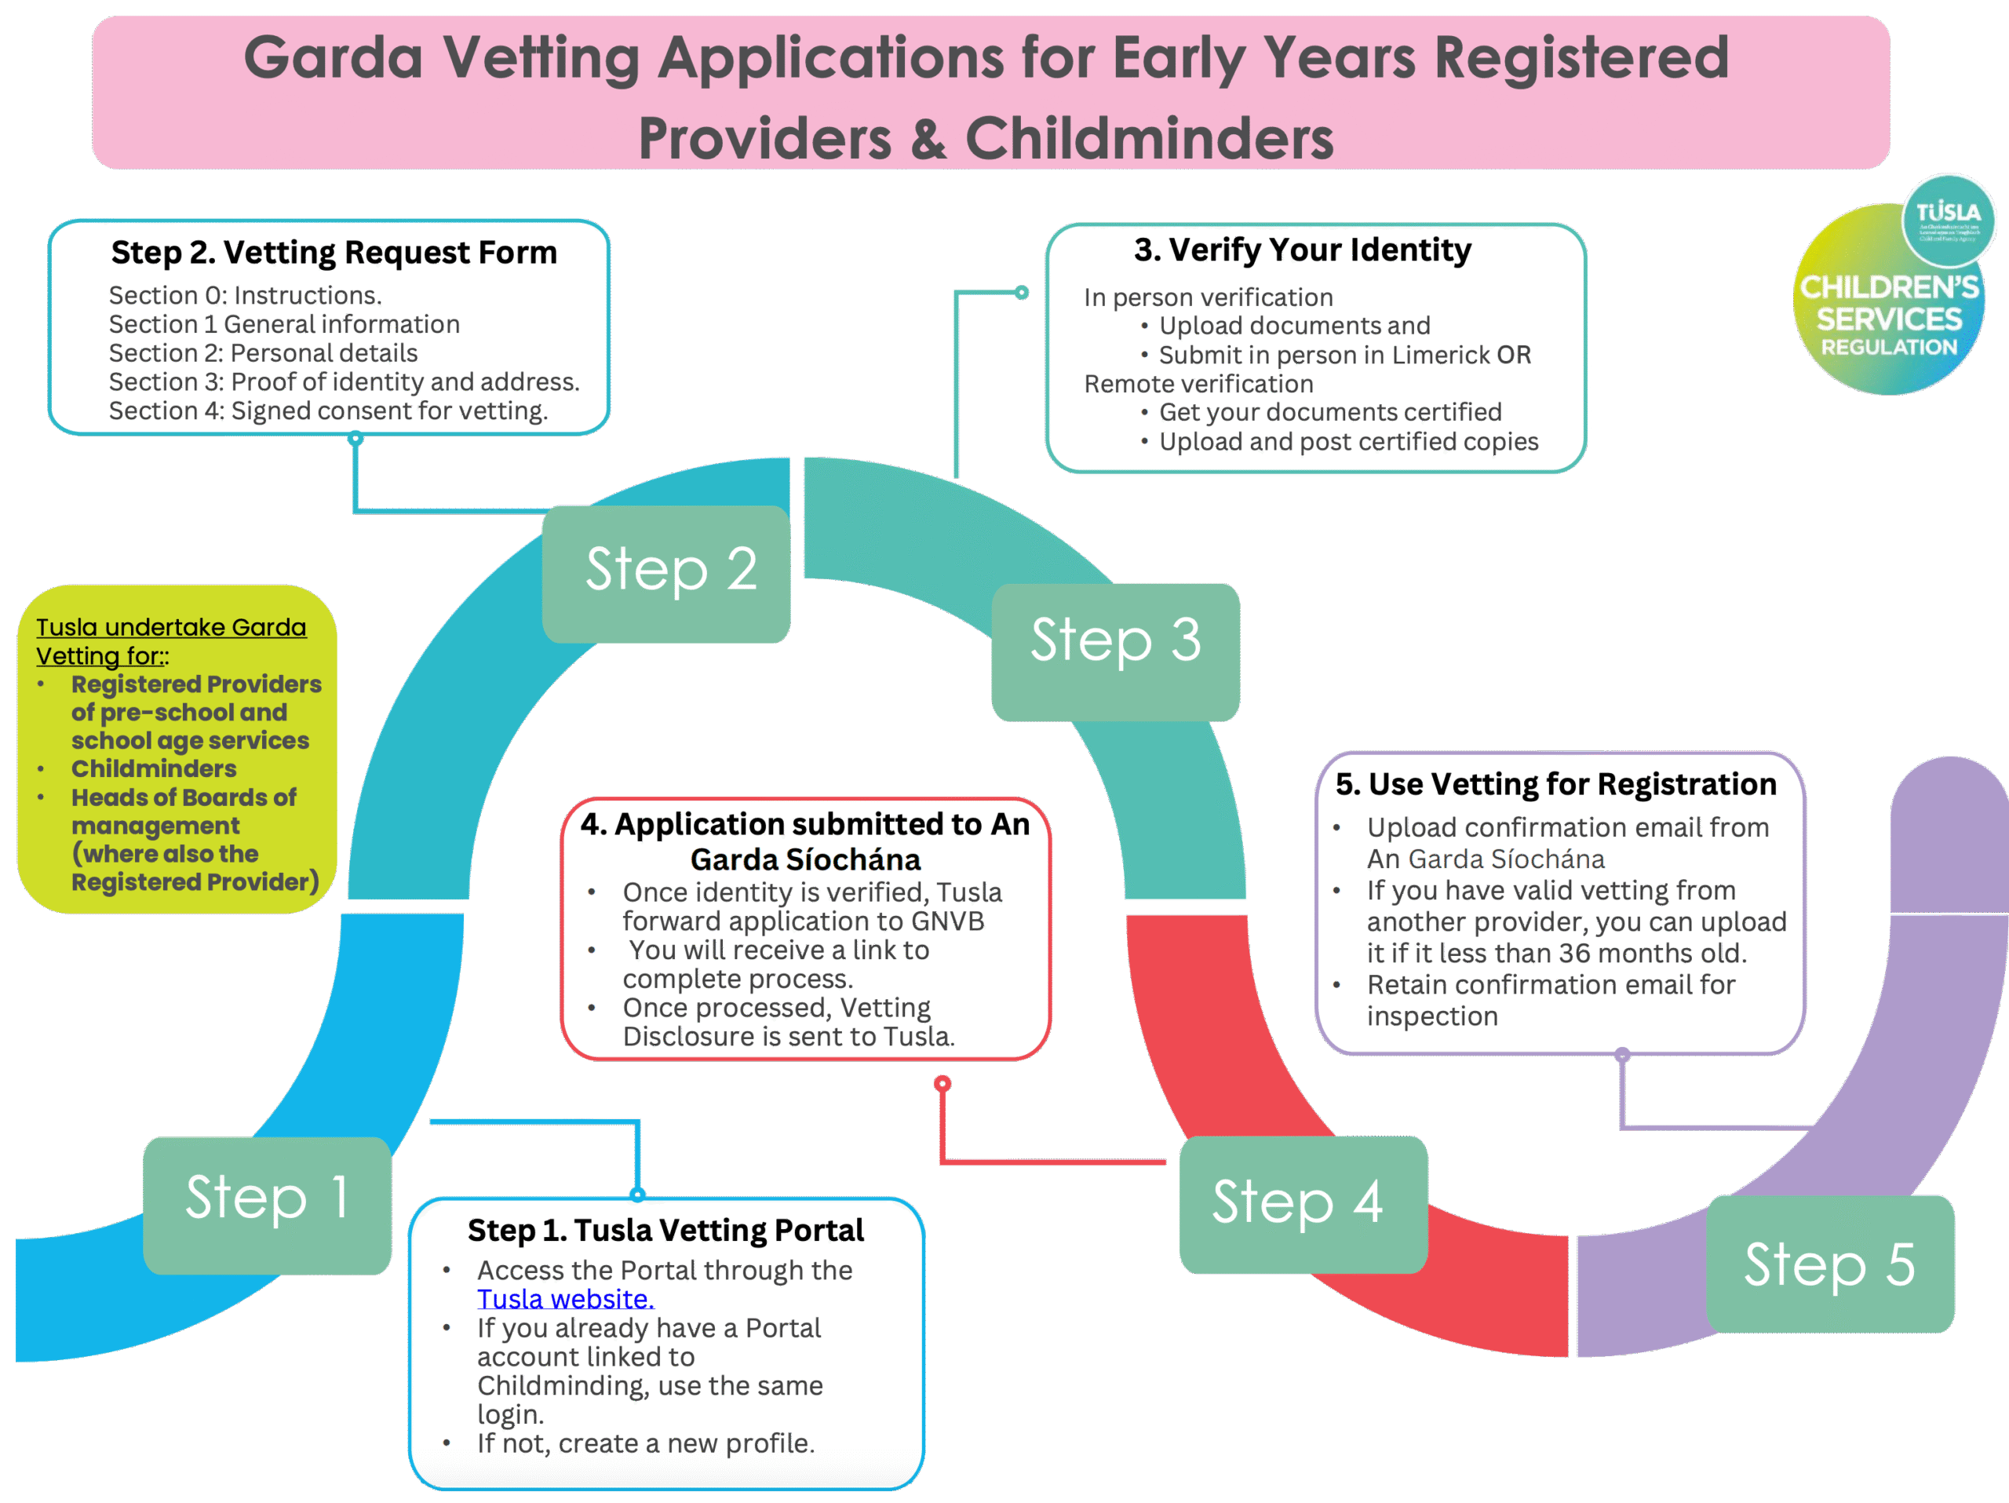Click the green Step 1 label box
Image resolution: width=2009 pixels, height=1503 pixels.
[267, 1204]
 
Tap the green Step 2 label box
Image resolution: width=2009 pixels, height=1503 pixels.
[665, 573]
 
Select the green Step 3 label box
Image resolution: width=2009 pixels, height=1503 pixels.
[1114, 651]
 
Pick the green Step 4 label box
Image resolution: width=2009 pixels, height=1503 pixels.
[1303, 1203]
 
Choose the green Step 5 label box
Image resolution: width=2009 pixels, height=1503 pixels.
[1829, 1264]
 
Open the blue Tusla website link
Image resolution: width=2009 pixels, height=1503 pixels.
[565, 1299]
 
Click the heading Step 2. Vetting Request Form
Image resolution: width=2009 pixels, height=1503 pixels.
[334, 253]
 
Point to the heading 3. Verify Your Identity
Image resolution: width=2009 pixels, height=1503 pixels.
[1303, 250]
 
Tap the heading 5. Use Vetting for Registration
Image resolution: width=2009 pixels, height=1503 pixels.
[1555, 784]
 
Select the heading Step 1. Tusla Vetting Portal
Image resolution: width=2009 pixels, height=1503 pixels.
[665, 1230]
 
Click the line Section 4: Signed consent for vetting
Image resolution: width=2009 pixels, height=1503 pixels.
[328, 410]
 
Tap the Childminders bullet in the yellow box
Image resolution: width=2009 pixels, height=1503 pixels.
[154, 768]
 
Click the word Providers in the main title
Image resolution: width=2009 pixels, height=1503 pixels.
[764, 139]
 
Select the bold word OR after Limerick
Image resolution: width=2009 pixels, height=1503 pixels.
[1514, 354]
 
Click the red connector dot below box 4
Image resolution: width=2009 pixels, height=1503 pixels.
[943, 1083]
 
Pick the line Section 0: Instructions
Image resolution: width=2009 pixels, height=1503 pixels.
[245, 295]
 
